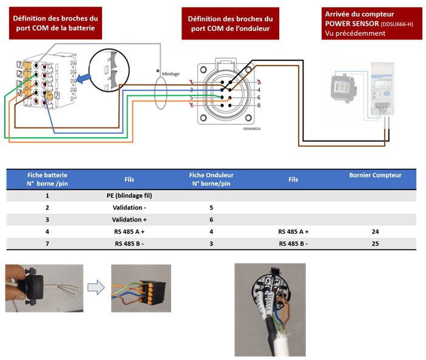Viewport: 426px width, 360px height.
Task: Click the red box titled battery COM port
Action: tap(55, 24)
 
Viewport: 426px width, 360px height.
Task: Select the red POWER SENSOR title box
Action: tap(371, 22)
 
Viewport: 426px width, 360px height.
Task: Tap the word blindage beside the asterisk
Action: tap(171, 73)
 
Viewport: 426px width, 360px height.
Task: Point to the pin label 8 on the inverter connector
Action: tap(259, 106)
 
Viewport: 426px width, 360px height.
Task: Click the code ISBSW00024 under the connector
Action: tap(250, 129)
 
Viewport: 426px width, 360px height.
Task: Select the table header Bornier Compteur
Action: tap(375, 175)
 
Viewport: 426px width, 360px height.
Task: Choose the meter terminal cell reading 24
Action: tap(375, 231)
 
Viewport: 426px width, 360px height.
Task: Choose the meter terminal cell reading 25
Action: tap(375, 243)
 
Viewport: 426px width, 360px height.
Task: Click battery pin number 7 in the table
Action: tap(47, 243)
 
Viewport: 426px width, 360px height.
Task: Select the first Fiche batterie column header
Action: tap(47, 178)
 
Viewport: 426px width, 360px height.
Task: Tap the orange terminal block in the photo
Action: tap(145, 288)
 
